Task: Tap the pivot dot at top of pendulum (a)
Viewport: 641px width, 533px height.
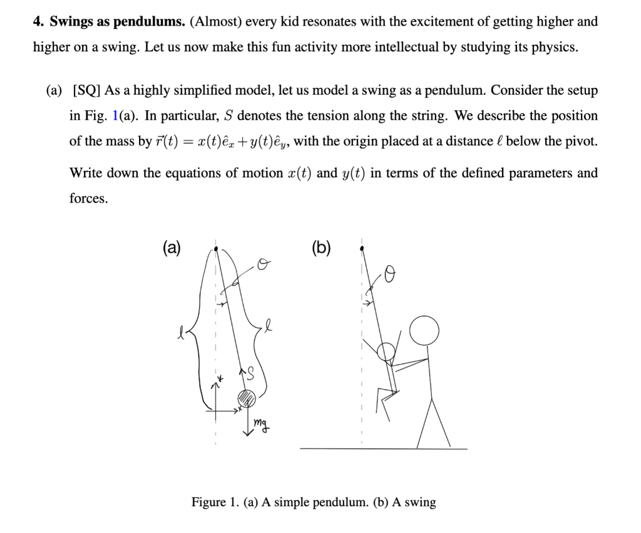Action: tap(217, 249)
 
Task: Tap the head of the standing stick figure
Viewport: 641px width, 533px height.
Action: tap(424, 329)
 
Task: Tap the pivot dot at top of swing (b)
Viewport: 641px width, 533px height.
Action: tap(362, 248)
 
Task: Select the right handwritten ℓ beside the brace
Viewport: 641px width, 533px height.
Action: tap(269, 326)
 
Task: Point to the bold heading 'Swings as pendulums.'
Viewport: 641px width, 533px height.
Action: tap(117, 22)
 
